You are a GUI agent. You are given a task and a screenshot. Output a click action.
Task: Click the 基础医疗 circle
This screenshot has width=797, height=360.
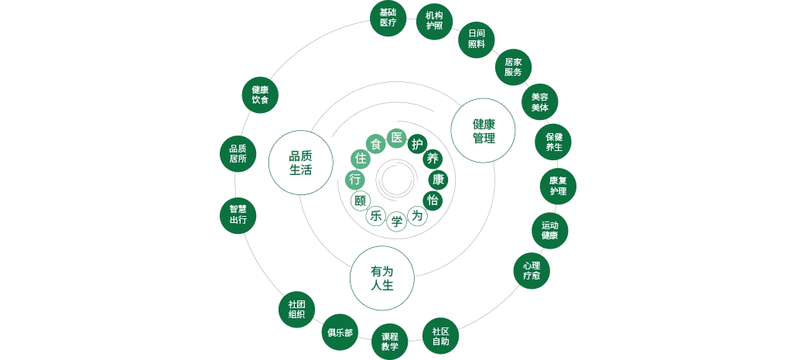[x=388, y=18]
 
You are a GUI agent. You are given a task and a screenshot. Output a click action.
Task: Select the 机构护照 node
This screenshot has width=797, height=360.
[x=434, y=20]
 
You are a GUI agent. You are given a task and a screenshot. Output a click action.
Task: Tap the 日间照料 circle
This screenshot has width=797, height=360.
[x=476, y=39]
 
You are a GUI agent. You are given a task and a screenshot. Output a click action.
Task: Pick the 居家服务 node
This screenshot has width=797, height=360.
[x=513, y=67]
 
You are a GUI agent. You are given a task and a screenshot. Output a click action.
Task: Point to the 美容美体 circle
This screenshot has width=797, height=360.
[x=539, y=102]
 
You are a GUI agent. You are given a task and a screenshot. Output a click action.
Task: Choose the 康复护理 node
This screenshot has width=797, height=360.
[x=558, y=186]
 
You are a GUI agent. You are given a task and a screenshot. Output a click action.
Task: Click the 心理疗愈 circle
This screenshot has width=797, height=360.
[x=532, y=270]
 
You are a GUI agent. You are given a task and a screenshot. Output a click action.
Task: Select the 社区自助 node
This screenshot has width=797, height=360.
[x=440, y=335]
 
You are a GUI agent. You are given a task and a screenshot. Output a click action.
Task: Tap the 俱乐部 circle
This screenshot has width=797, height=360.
[x=340, y=333]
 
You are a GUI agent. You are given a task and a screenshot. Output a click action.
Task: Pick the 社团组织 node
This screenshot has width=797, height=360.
[x=296, y=309]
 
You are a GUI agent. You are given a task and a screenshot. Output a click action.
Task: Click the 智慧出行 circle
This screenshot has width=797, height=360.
[x=238, y=214]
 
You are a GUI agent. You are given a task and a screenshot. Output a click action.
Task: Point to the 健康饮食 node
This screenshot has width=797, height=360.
[x=260, y=95]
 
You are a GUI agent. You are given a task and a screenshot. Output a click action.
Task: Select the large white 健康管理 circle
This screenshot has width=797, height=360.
[x=484, y=130]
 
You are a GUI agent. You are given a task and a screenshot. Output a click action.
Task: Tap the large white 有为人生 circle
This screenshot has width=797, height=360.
[x=382, y=278]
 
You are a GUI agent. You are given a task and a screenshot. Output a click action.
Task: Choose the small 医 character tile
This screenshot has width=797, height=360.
[x=397, y=138]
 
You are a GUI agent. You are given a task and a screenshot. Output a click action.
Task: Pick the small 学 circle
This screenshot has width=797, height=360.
[x=397, y=221]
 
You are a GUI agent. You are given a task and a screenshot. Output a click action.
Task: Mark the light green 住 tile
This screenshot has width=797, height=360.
[x=359, y=158]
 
